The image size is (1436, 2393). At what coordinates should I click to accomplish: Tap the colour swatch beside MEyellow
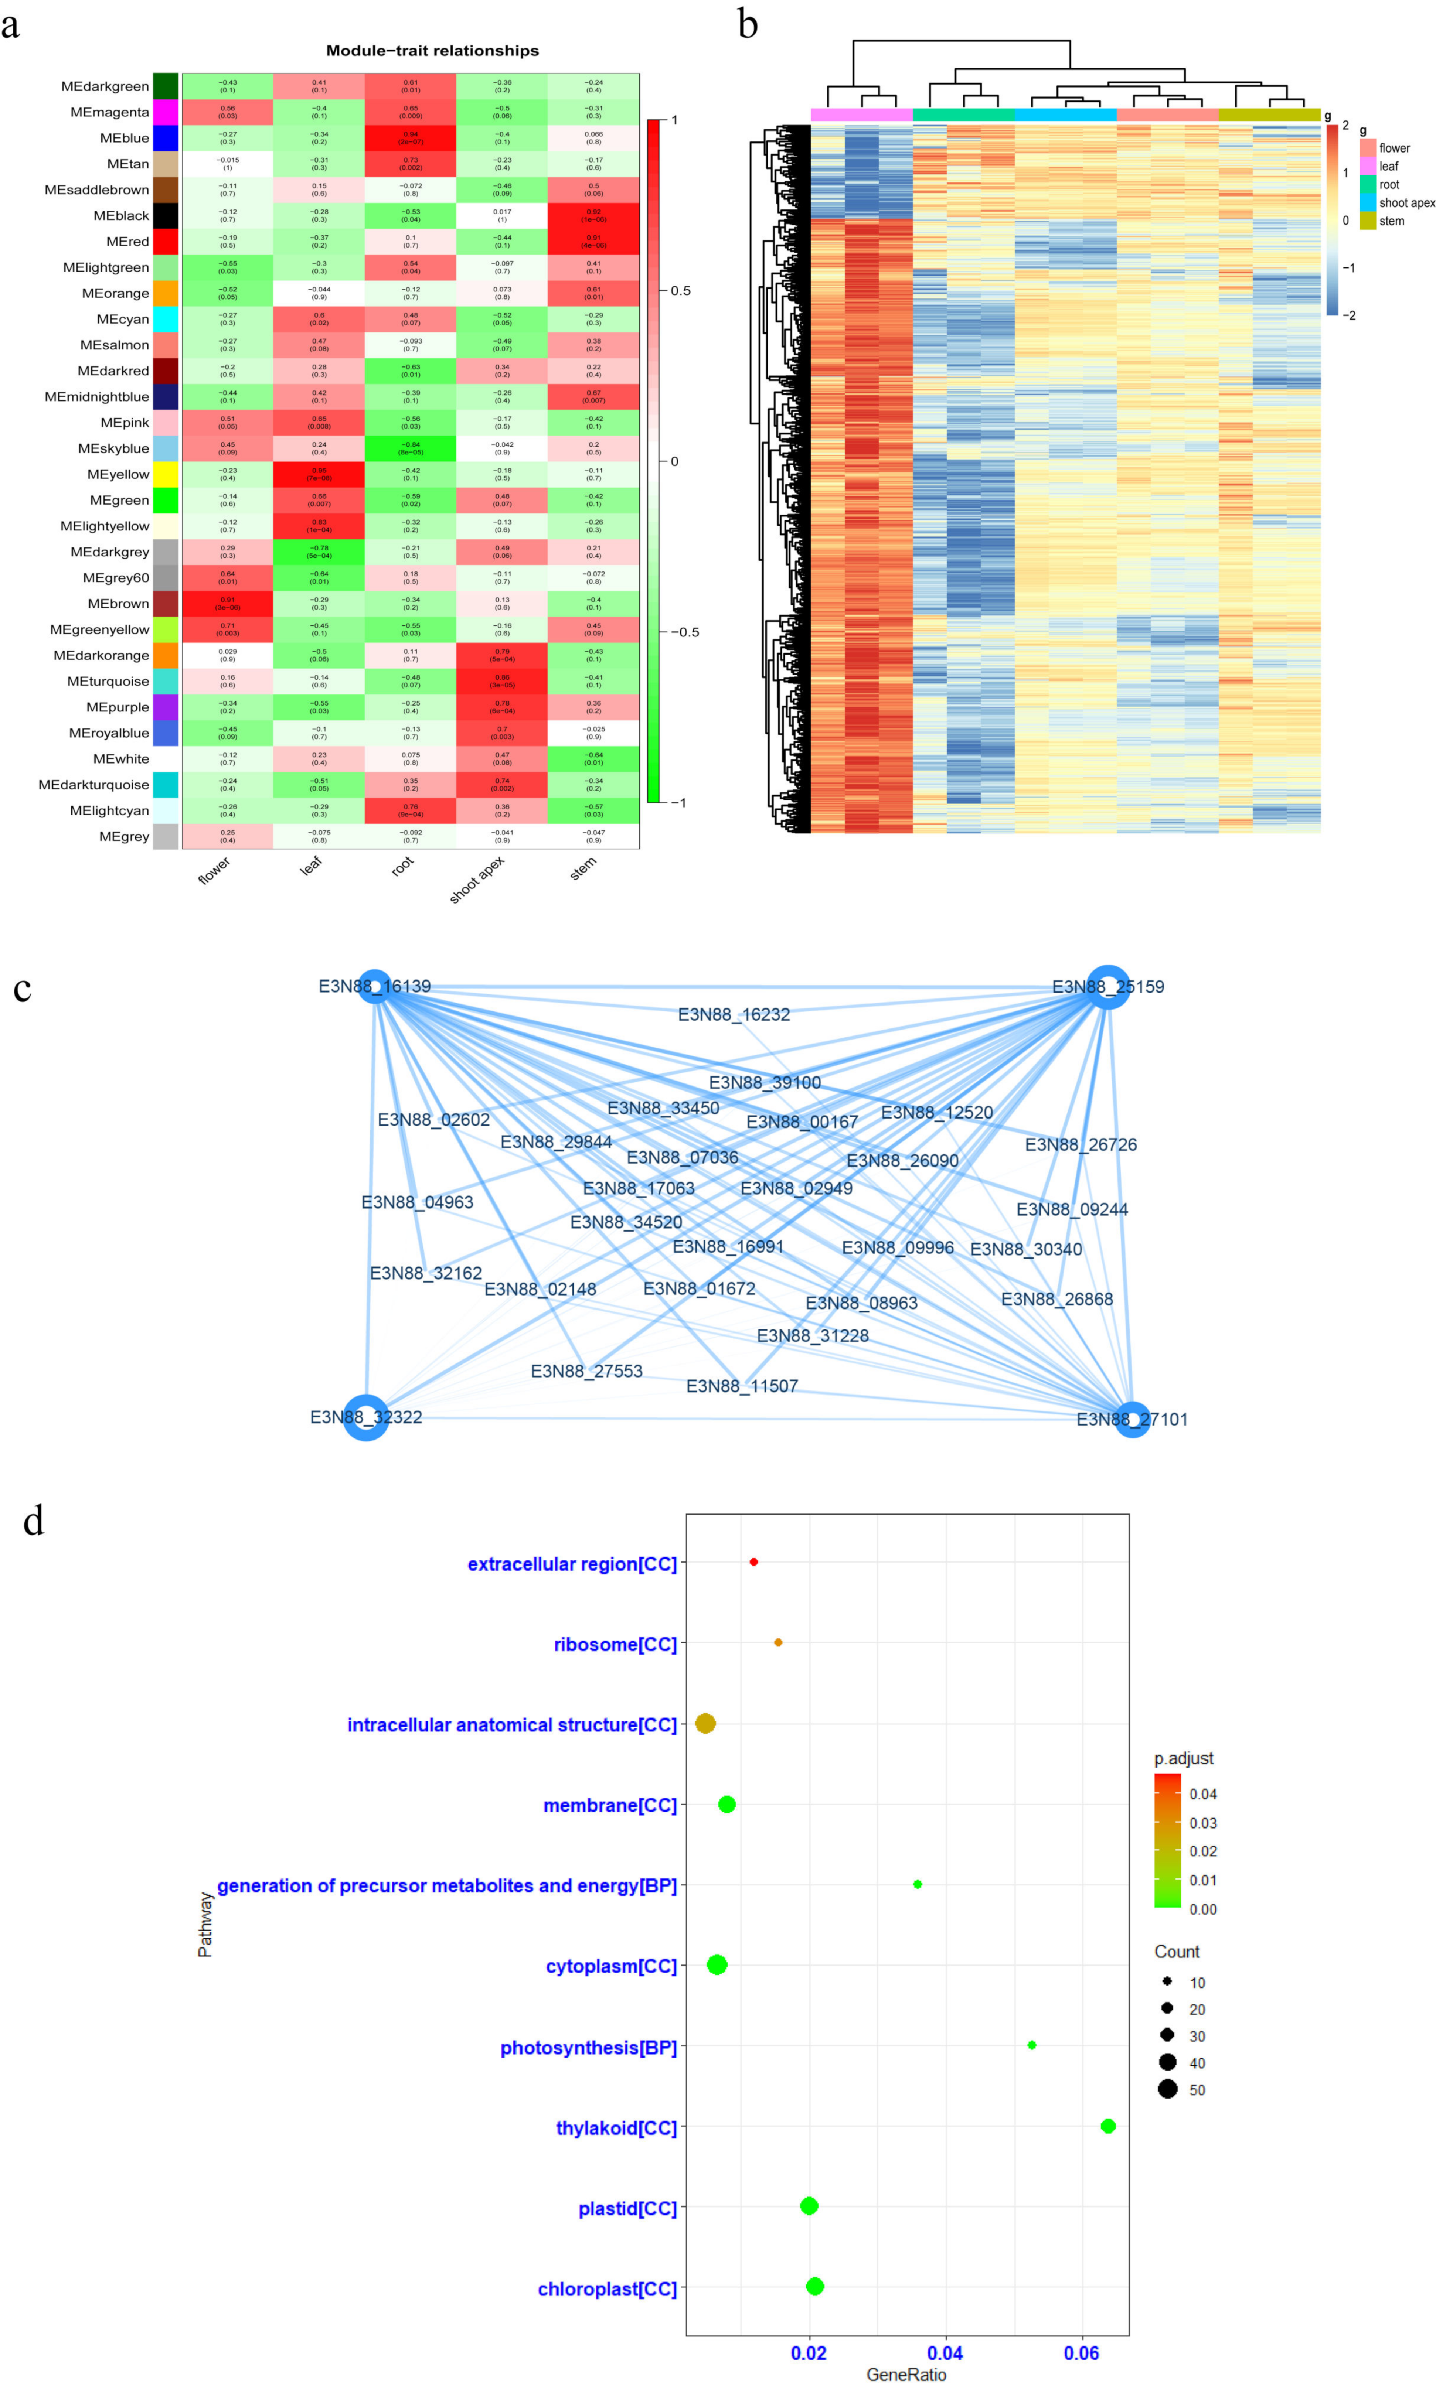click(166, 474)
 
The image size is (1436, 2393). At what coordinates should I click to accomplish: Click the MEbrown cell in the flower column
click(227, 604)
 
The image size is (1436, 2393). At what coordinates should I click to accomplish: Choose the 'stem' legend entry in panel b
click(1392, 222)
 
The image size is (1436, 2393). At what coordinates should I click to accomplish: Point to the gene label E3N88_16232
click(734, 1015)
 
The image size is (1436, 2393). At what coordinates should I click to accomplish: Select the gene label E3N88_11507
click(742, 1386)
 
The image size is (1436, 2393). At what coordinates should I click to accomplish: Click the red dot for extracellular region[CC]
click(754, 1562)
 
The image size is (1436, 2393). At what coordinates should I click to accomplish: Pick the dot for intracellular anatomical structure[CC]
click(705, 1723)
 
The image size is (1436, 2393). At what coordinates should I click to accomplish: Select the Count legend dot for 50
click(1168, 2089)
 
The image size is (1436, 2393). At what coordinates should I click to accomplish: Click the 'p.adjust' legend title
click(1184, 1758)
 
